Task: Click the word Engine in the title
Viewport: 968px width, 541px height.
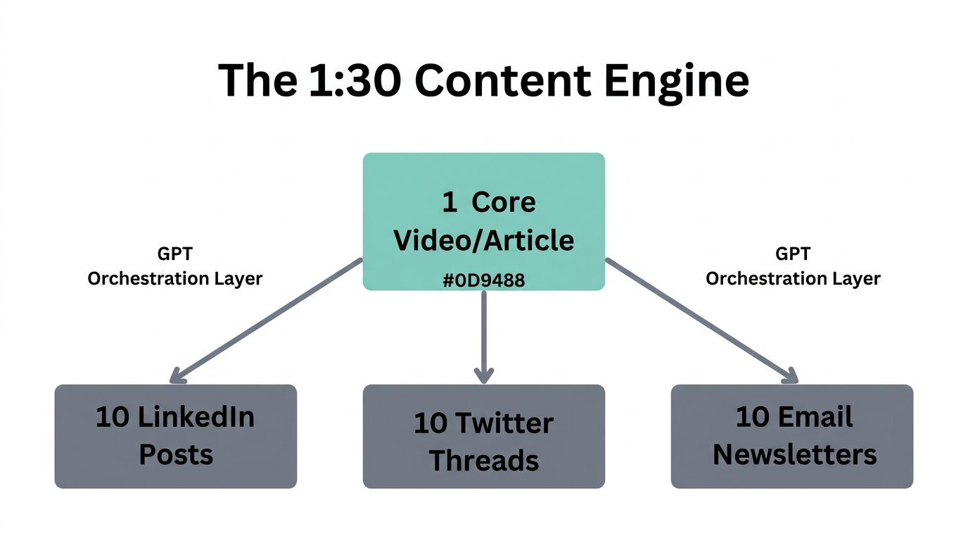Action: [x=675, y=81]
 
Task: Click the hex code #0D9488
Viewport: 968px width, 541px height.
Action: [x=483, y=280]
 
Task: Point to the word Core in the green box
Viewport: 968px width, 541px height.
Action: [x=503, y=203]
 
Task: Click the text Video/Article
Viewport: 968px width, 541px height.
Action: [x=483, y=240]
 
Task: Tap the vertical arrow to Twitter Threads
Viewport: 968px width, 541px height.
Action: [x=483, y=335]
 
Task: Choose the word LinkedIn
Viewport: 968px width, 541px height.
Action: [x=196, y=417]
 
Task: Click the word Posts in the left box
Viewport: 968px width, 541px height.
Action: [x=175, y=454]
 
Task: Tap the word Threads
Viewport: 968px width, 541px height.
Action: [x=483, y=460]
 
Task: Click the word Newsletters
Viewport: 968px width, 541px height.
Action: [x=794, y=454]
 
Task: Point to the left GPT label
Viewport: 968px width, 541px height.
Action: [x=174, y=254]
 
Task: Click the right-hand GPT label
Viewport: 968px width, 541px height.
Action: [x=793, y=254]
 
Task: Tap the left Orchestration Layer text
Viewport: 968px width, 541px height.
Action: [x=174, y=278]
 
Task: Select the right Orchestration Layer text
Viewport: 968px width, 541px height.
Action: [x=793, y=278]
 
